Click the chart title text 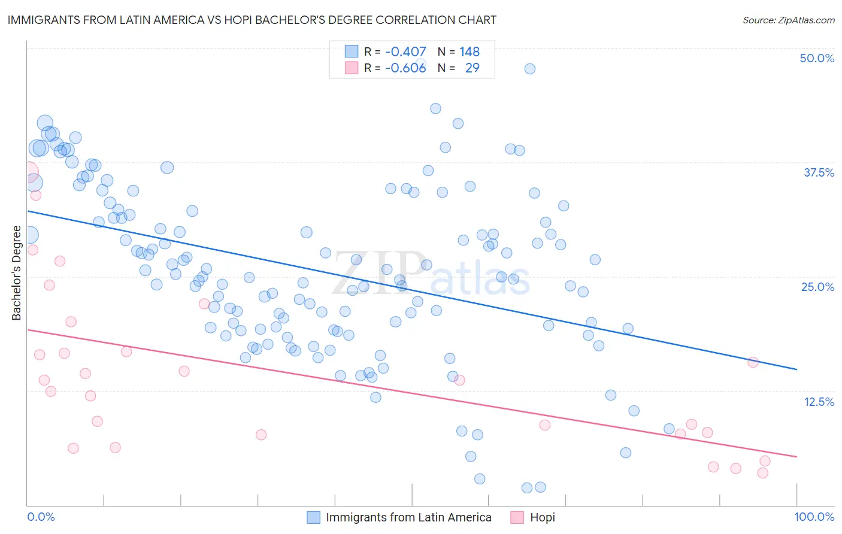(252, 20)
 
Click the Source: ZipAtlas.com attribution (788, 20)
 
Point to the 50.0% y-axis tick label (817, 58)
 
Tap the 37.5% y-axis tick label (819, 172)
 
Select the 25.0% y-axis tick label (817, 287)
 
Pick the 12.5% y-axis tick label (819, 401)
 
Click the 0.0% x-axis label (41, 517)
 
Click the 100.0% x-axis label (814, 517)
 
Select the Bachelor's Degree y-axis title (17, 273)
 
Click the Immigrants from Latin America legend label (408, 517)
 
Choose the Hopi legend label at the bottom (542, 517)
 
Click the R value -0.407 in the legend (405, 52)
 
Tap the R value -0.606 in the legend (405, 68)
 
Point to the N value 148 (470, 52)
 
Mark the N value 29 (472, 68)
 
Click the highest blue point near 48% (529, 69)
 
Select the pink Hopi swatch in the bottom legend (517, 517)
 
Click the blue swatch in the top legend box (352, 51)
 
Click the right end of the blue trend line (796, 369)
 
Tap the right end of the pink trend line (796, 457)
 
